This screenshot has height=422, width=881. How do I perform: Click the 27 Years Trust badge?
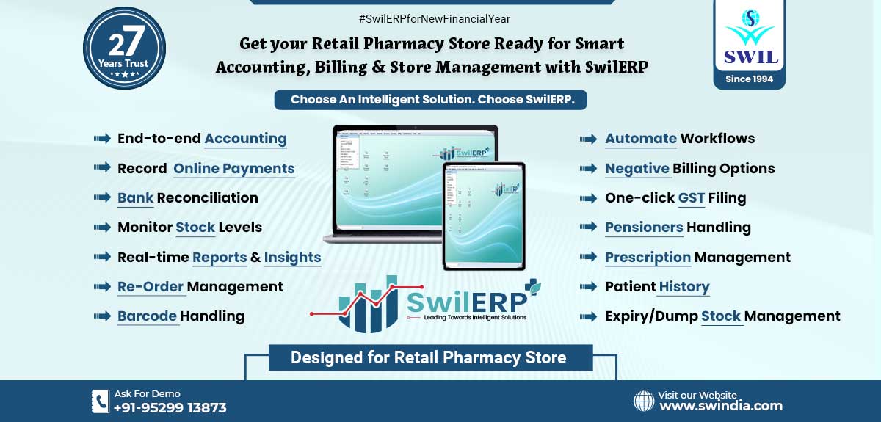pyautogui.click(x=124, y=48)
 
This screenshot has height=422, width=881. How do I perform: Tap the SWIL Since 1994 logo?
pyautogui.click(x=749, y=44)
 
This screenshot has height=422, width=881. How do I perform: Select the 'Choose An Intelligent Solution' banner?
pyautogui.click(x=430, y=100)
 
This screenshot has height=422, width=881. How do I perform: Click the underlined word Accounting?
pyautogui.click(x=245, y=139)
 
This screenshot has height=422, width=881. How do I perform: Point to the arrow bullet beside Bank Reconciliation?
pyautogui.click(x=102, y=198)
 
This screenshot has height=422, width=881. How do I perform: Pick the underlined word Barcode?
pyautogui.click(x=148, y=316)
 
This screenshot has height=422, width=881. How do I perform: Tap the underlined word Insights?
pyautogui.click(x=292, y=258)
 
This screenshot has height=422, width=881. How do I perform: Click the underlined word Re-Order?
pyautogui.click(x=151, y=287)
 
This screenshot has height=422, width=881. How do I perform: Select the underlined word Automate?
pyautogui.click(x=640, y=139)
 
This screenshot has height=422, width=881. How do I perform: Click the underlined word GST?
pyautogui.click(x=692, y=198)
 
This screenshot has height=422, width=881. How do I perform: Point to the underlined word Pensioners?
pyautogui.click(x=644, y=228)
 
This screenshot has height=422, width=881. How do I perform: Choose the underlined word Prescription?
pyautogui.click(x=648, y=258)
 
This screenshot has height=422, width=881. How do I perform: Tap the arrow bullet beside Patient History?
pyautogui.click(x=588, y=287)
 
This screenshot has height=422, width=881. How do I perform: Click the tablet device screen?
pyautogui.click(x=484, y=215)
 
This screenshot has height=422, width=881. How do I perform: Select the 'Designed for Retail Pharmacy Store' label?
pyautogui.click(x=429, y=358)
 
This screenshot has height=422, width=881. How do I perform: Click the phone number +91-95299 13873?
pyautogui.click(x=170, y=407)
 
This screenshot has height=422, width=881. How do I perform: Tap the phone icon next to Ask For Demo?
pyautogui.click(x=100, y=401)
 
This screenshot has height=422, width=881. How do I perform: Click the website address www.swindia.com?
pyautogui.click(x=721, y=405)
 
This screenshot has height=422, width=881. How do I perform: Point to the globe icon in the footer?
pyautogui.click(x=644, y=401)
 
